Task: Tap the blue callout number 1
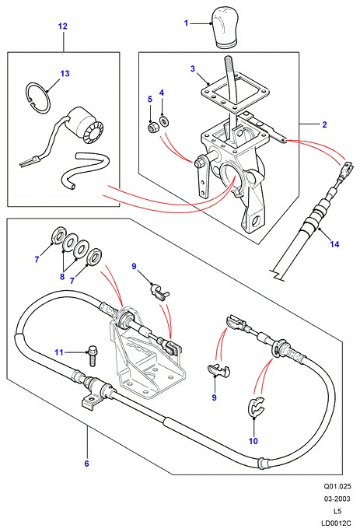[x=186, y=23]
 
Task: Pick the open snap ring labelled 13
[x=39, y=97]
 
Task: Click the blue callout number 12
[x=63, y=26]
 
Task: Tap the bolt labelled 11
[x=92, y=355]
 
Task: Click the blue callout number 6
[x=86, y=463]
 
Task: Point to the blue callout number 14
[x=334, y=244]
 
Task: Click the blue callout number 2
[x=324, y=124]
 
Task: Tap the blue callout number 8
[x=62, y=277]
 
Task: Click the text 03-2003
[x=337, y=499]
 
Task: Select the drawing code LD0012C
[x=337, y=523]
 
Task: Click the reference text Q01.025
[x=337, y=487]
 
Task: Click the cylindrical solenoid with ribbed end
[x=86, y=124]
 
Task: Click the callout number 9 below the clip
[x=214, y=397]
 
